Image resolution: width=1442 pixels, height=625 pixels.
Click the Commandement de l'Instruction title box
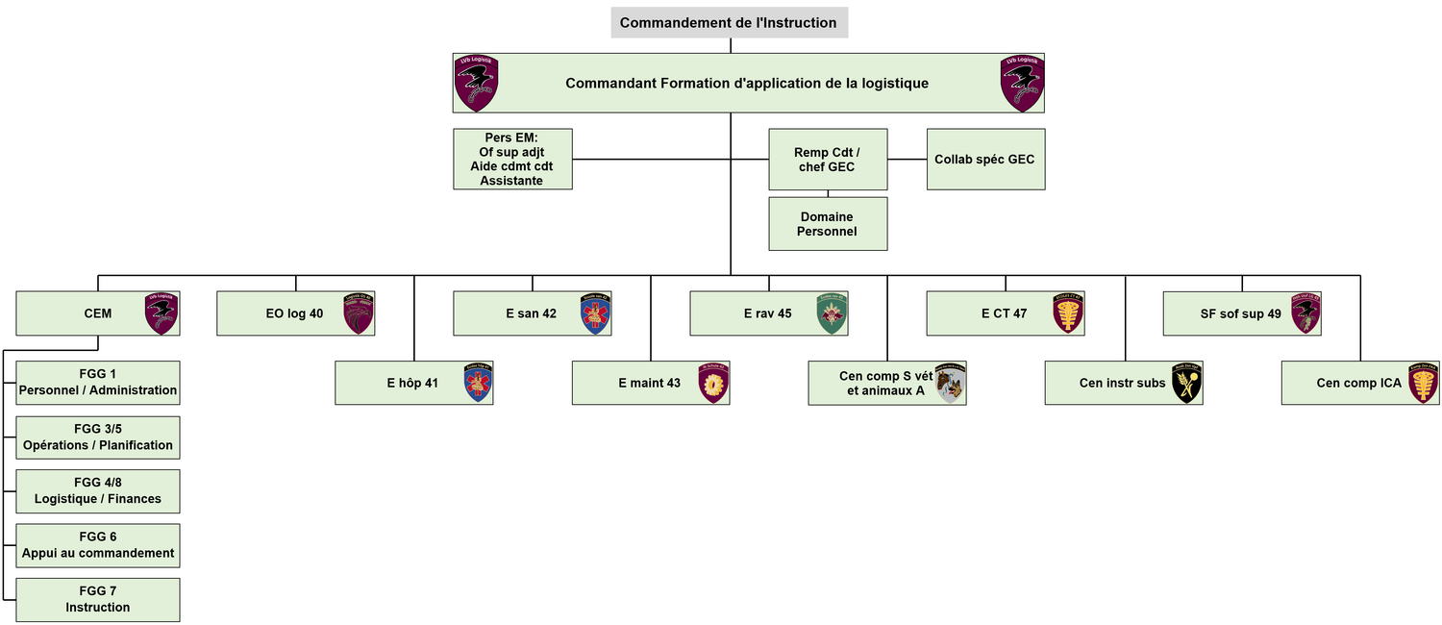click(x=729, y=23)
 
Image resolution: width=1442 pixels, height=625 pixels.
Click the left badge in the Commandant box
click(x=476, y=84)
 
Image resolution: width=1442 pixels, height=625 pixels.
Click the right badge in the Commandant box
click(x=1022, y=84)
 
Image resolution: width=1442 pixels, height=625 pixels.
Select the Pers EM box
click(x=512, y=160)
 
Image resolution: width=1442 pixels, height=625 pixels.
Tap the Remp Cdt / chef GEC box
click(x=827, y=160)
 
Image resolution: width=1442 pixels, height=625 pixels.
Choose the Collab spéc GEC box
click(x=984, y=160)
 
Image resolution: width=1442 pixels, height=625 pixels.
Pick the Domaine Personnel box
click(x=827, y=224)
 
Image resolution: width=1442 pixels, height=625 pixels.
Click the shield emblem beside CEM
click(x=161, y=313)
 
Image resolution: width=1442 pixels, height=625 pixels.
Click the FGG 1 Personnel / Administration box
click(x=98, y=383)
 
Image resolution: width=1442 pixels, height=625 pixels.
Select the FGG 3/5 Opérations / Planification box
click(x=98, y=437)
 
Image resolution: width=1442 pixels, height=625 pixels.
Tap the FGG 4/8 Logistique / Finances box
click(x=98, y=491)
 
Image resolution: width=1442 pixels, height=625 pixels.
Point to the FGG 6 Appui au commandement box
click(x=98, y=545)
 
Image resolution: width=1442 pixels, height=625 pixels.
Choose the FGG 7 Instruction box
click(x=98, y=599)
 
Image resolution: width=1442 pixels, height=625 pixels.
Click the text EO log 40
click(x=294, y=313)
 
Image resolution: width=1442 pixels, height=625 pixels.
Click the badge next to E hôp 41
click(x=477, y=383)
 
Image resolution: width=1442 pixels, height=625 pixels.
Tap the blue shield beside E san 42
click(x=595, y=313)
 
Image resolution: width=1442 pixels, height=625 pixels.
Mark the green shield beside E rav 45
click(x=832, y=313)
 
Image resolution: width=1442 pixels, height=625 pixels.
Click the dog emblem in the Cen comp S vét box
click(x=950, y=383)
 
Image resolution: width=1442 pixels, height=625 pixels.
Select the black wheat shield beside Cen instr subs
click(x=1186, y=383)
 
